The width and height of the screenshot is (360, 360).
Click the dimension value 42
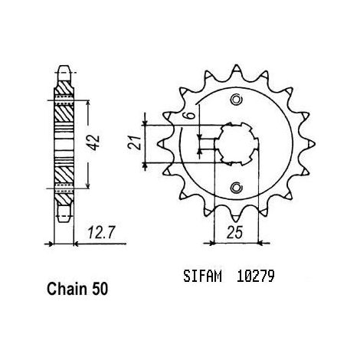tap(94, 142)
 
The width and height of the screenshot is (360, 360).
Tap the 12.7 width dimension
tap(100, 233)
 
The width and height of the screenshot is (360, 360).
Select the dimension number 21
tap(135, 142)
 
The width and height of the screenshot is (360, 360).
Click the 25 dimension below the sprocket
tap(234, 233)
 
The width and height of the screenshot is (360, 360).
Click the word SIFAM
tap(202, 277)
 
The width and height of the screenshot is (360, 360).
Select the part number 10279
tap(256, 277)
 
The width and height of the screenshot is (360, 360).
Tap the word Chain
tap(67, 289)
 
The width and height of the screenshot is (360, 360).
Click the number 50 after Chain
tap(100, 289)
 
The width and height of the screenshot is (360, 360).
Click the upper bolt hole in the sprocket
tap(236, 100)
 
